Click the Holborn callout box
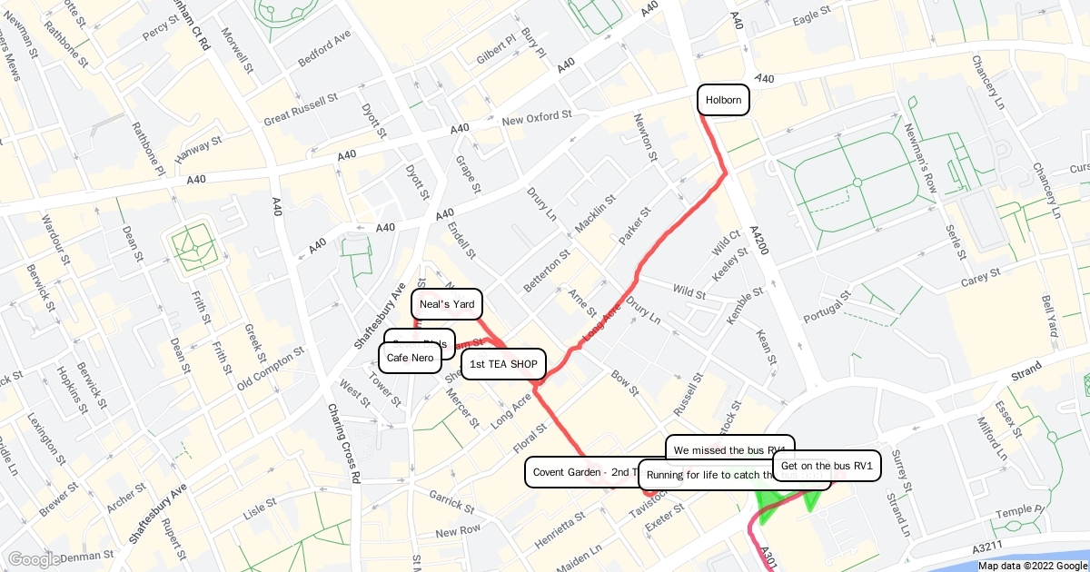pos(724,100)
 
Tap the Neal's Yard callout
pos(446,304)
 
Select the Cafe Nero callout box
pos(410,358)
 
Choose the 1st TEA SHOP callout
pos(503,364)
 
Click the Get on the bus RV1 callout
pos(826,466)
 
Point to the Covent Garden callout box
pos(581,472)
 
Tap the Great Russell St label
pos(301,108)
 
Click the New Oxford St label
pos(536,118)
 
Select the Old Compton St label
pos(271,370)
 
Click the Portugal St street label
pos(827,306)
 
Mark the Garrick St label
pos(447,498)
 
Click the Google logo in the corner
pos(34,559)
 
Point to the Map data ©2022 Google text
pos(1032,566)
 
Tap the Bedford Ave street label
pos(324,49)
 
